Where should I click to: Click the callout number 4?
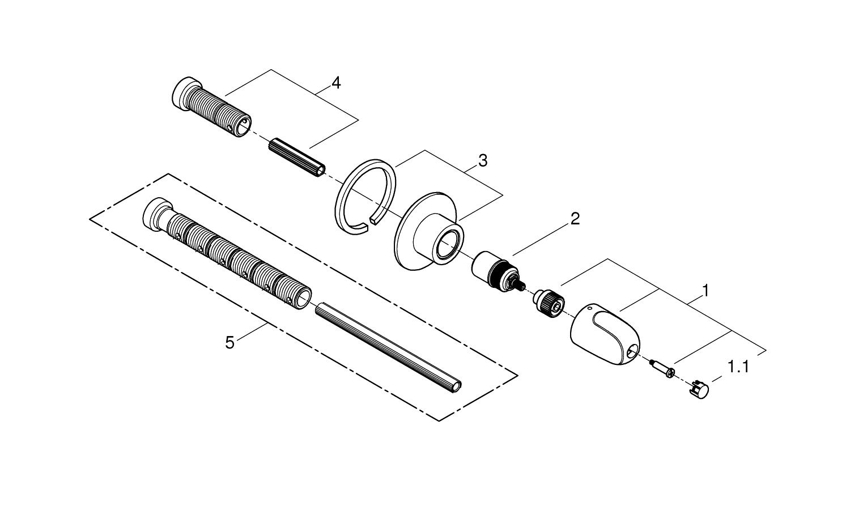tap(336, 83)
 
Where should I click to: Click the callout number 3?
tap(482, 161)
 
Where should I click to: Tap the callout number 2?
tap(575, 219)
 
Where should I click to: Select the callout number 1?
tap(705, 291)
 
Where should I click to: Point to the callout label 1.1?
tap(738, 367)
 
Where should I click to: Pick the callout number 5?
tap(229, 343)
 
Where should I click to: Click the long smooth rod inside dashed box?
tap(388, 348)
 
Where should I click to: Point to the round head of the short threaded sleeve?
tap(182, 93)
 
